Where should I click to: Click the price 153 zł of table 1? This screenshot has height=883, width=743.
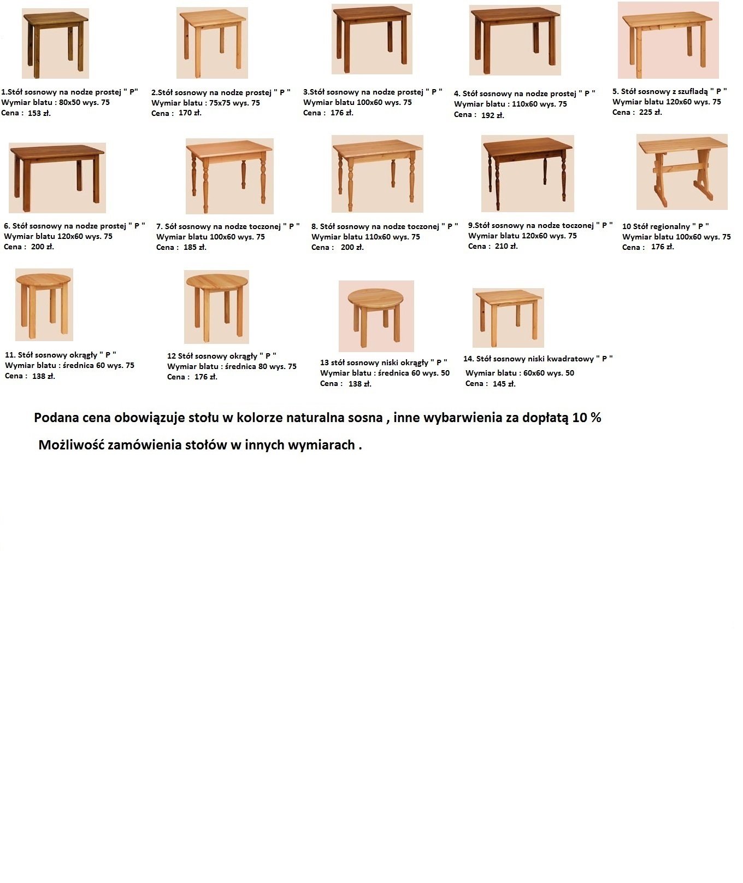39,113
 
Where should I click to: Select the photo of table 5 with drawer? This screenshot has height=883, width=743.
668,40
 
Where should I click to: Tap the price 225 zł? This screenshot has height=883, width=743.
650,112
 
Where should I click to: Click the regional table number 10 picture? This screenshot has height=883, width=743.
682,172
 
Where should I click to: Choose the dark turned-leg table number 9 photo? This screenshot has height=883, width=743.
527,173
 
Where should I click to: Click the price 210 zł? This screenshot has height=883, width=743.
506,246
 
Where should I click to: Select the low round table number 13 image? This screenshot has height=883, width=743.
376,316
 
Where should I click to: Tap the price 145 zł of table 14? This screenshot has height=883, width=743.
504,384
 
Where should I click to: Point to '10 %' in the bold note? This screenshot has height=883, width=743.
587,418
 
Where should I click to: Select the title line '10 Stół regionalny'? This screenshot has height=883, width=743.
665,226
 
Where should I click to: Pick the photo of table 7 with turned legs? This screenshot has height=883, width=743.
229,176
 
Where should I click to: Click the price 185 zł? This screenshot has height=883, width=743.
194,247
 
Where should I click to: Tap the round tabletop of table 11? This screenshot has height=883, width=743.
44,279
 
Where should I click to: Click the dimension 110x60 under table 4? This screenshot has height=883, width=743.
524,104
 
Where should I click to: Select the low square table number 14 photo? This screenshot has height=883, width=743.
508,318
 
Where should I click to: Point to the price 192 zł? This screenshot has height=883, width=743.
492,115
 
